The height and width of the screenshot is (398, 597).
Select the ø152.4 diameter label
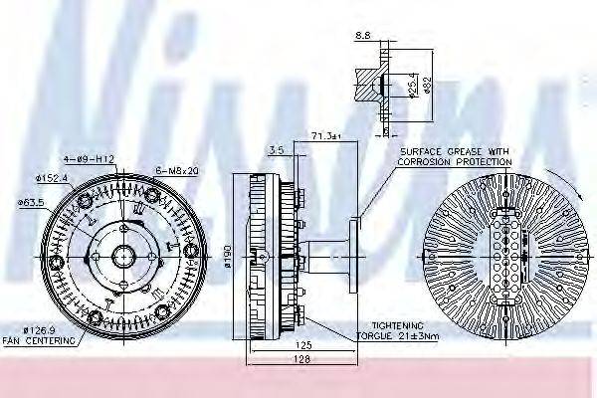coord(53,177)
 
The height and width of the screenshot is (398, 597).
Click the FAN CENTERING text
coord(41,340)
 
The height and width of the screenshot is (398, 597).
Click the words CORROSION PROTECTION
coord(455,160)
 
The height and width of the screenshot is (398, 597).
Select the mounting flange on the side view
coord(348,257)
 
